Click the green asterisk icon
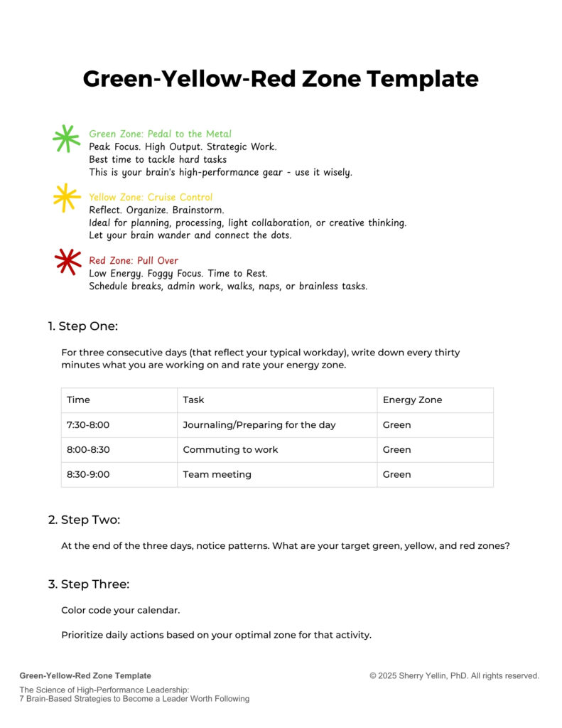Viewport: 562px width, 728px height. coord(66,139)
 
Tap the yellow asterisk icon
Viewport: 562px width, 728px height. coord(66,198)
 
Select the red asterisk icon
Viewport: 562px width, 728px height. coord(67,261)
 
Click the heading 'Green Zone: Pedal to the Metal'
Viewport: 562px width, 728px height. coord(160,134)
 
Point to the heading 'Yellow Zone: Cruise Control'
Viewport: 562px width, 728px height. coord(151,197)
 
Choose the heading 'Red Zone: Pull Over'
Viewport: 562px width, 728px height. coord(134,260)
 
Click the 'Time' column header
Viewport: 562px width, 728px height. coord(78,400)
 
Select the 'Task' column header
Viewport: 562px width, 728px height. coord(193,400)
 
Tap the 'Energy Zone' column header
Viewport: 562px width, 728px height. coord(412,400)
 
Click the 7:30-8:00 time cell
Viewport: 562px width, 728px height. coord(88,425)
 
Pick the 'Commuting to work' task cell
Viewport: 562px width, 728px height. coord(230,449)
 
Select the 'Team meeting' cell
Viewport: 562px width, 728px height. coord(217,474)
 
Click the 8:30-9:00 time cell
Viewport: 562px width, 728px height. coord(88,474)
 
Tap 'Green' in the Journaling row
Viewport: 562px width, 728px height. coord(396,425)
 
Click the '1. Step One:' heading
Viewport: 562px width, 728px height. coord(82,326)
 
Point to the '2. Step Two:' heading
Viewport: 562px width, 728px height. coord(84,520)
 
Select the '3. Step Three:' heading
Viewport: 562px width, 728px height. coord(88,584)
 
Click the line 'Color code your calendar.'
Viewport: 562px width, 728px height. coord(121,611)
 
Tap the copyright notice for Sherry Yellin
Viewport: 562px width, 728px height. coord(454,676)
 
